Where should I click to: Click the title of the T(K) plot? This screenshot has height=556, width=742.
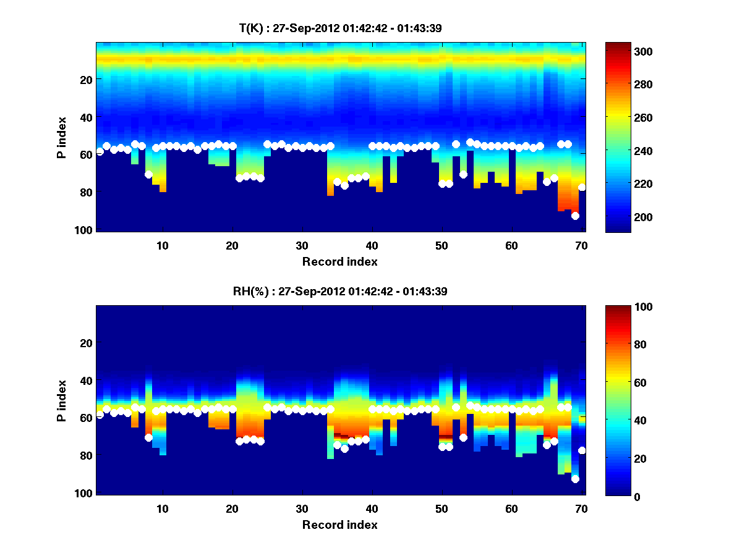click(340, 28)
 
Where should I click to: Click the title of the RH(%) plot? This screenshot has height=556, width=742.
click(340, 291)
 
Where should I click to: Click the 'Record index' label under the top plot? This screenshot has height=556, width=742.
click(340, 262)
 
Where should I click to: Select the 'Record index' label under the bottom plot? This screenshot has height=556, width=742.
click(340, 525)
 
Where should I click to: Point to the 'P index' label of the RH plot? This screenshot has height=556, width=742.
click(62, 400)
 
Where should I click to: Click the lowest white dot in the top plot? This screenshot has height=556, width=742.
click(575, 216)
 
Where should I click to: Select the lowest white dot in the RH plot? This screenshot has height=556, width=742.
click(575, 479)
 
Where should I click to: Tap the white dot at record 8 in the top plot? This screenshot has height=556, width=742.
click(148, 174)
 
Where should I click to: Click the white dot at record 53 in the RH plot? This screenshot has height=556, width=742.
click(463, 437)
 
